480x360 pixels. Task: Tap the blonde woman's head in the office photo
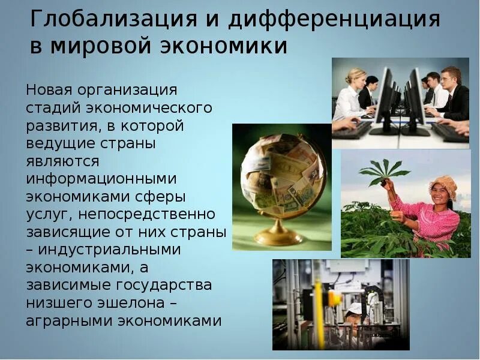pos(356,76)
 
